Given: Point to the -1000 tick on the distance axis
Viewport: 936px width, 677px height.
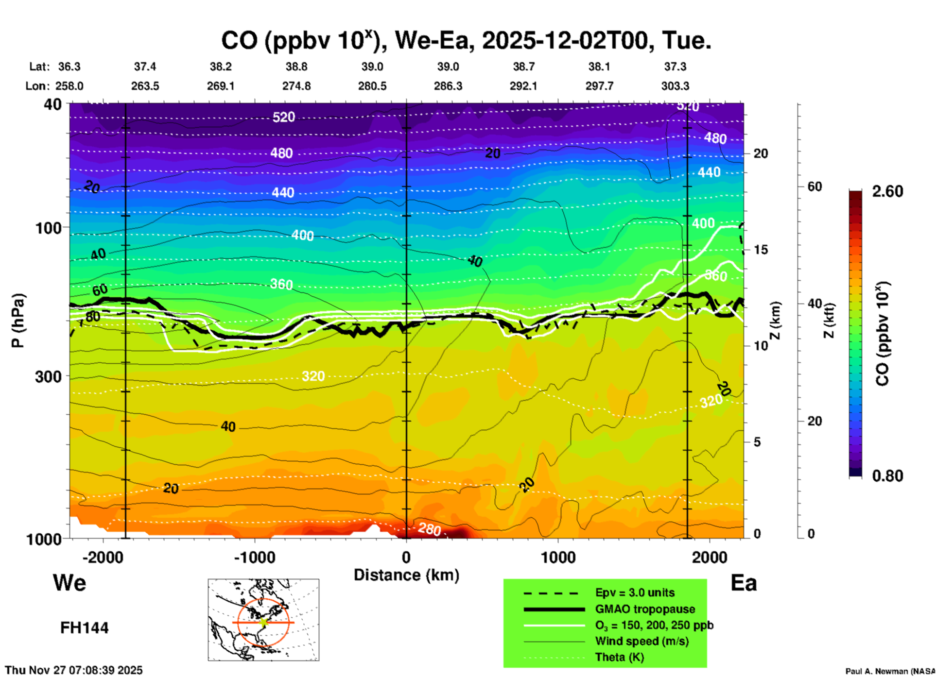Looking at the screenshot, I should click(254, 558).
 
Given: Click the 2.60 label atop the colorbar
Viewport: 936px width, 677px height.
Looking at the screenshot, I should click(887, 191).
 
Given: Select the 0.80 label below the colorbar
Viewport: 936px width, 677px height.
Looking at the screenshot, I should click(887, 475).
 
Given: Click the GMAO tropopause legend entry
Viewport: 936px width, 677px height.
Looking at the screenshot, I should click(645, 609).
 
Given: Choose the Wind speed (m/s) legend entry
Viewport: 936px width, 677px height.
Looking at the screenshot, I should click(641, 642).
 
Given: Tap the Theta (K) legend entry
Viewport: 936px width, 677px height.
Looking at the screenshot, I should click(619, 658).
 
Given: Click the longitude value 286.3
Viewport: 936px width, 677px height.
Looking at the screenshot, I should click(448, 86).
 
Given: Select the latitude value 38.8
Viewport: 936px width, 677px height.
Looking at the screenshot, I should click(296, 67).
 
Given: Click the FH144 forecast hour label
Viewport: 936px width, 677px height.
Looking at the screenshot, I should click(84, 628).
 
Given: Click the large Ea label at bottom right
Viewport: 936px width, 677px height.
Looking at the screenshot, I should click(744, 583).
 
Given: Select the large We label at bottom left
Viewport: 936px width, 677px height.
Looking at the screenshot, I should click(69, 582).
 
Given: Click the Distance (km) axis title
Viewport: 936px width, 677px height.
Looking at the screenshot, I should click(406, 575).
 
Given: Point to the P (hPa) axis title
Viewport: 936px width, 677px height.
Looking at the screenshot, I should click(18, 321).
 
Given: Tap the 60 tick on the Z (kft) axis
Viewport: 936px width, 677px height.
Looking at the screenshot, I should click(815, 187).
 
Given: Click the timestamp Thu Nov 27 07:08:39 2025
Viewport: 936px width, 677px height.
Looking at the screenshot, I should click(74, 670).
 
